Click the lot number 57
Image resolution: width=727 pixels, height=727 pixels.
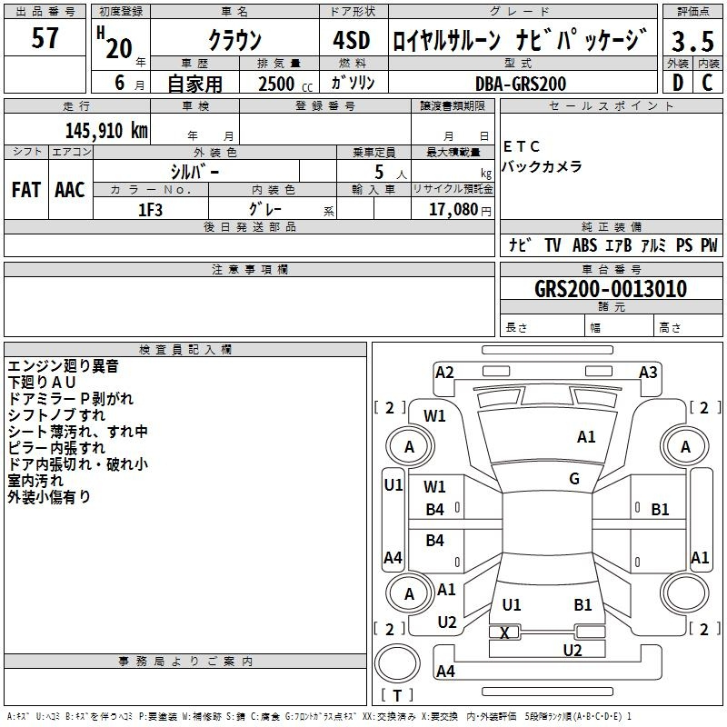click(45, 38)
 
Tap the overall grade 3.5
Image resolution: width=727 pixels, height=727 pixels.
click(692, 41)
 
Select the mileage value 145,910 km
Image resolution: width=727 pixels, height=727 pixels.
click(106, 130)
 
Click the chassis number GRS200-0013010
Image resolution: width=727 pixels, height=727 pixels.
click(611, 288)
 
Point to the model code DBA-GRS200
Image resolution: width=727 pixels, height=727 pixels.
click(521, 84)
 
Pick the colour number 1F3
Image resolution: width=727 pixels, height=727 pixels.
click(150, 210)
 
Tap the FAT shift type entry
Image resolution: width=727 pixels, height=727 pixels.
click(26, 190)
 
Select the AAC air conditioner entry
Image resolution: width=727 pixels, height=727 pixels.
click(70, 190)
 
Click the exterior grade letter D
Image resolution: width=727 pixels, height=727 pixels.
click(678, 83)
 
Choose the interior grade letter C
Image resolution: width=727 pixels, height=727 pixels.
click(707, 83)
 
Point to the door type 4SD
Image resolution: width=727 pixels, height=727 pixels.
click(352, 40)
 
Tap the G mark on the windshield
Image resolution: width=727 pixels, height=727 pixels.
click(574, 479)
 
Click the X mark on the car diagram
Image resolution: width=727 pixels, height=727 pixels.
click(504, 632)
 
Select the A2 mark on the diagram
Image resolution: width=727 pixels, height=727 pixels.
click(444, 373)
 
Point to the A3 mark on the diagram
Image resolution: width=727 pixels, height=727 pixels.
click(648, 373)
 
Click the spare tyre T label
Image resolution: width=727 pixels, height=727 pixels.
click(397, 695)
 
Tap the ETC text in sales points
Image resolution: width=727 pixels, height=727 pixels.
click(522, 146)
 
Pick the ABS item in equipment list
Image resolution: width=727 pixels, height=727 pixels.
click(584, 245)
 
